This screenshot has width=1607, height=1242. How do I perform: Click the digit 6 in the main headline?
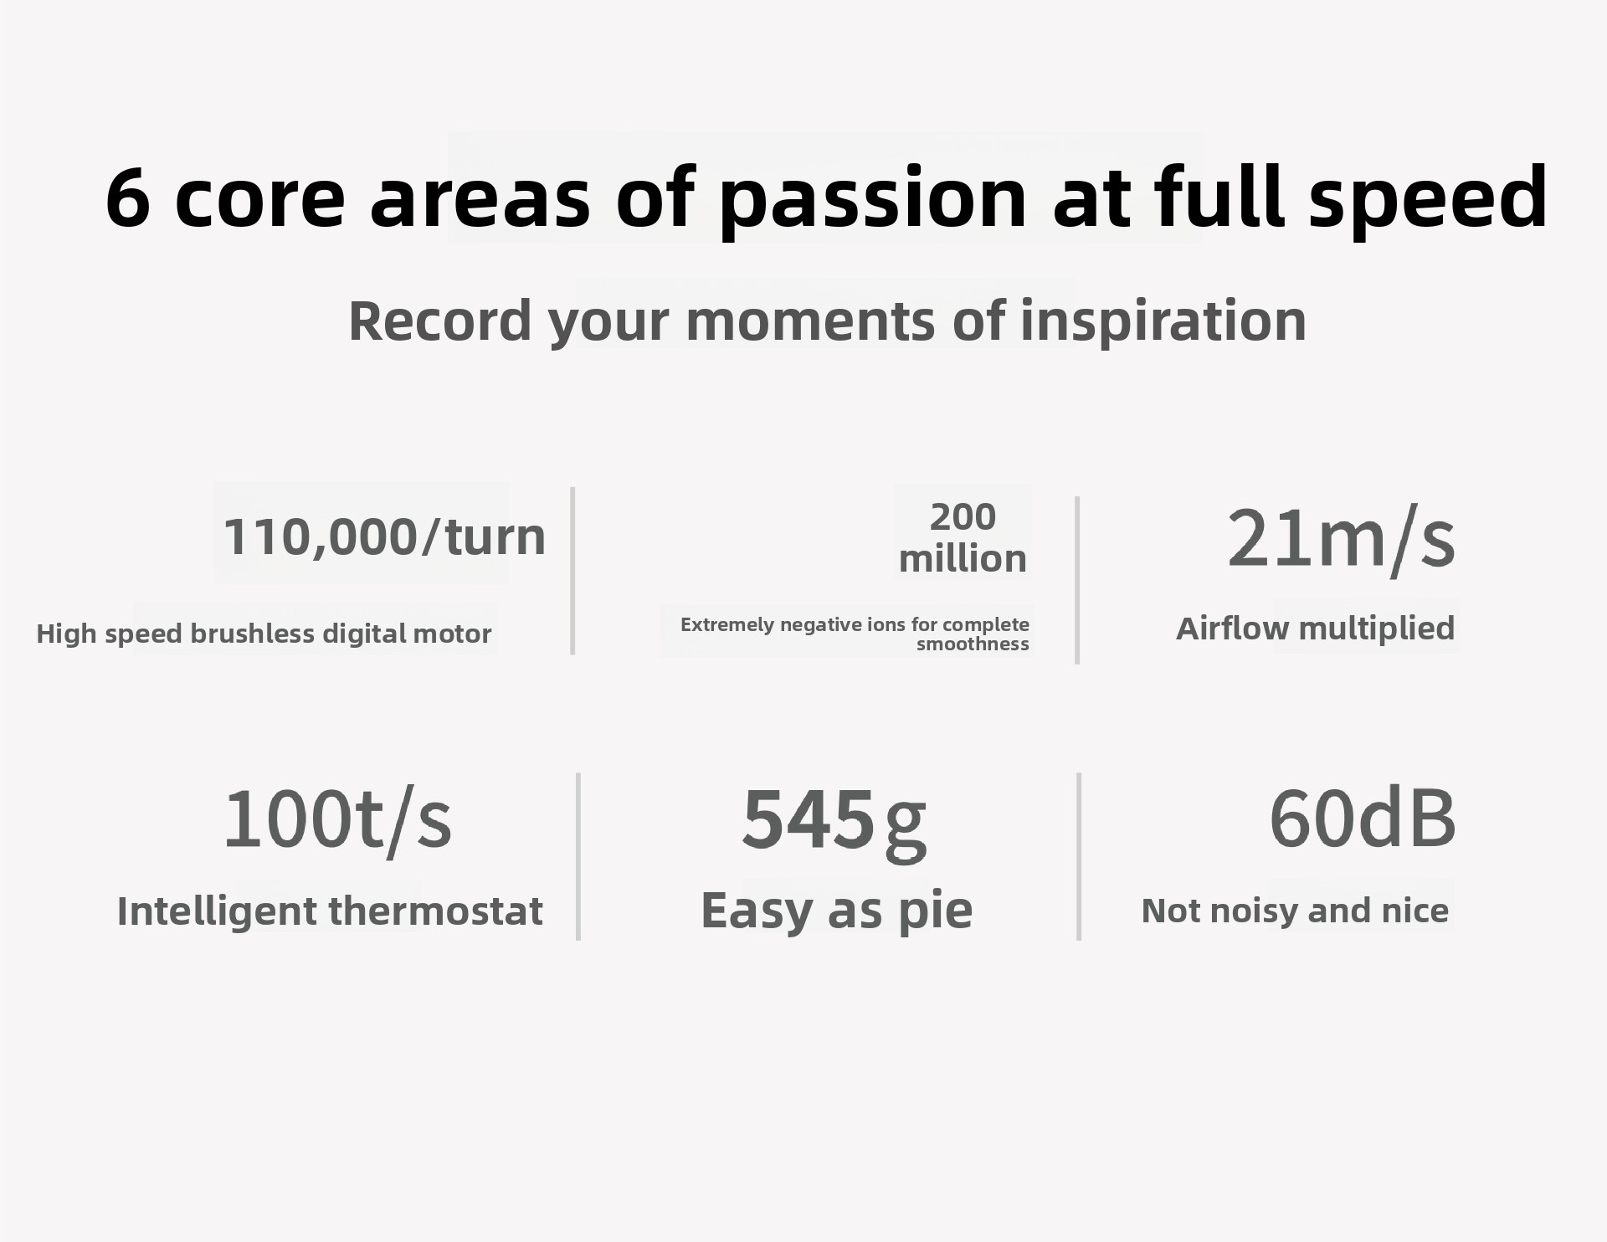coord(128,198)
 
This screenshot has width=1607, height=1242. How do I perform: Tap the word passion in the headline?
coord(873,201)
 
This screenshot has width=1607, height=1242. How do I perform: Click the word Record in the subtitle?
coord(440,321)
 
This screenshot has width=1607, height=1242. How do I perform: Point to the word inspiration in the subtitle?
coord(1163,321)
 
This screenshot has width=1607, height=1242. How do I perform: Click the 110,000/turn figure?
coord(384,536)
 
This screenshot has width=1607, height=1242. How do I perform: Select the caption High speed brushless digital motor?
coord(264,634)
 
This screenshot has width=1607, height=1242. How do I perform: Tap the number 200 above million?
coord(963,516)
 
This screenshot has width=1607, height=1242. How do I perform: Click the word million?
coord(963,559)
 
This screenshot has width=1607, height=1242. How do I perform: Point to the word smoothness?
coord(973,644)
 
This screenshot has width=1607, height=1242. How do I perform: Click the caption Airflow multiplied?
coord(1316,629)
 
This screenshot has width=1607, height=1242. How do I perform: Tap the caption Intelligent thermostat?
coord(330,911)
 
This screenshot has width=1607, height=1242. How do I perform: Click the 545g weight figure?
coord(834,822)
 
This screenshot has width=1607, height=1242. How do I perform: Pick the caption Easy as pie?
coord(837,911)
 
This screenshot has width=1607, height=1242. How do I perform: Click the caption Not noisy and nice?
coord(1295,911)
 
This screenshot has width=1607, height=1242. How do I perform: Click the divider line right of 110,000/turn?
coord(572,571)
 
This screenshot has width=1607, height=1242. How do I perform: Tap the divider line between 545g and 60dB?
coord(1079,856)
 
